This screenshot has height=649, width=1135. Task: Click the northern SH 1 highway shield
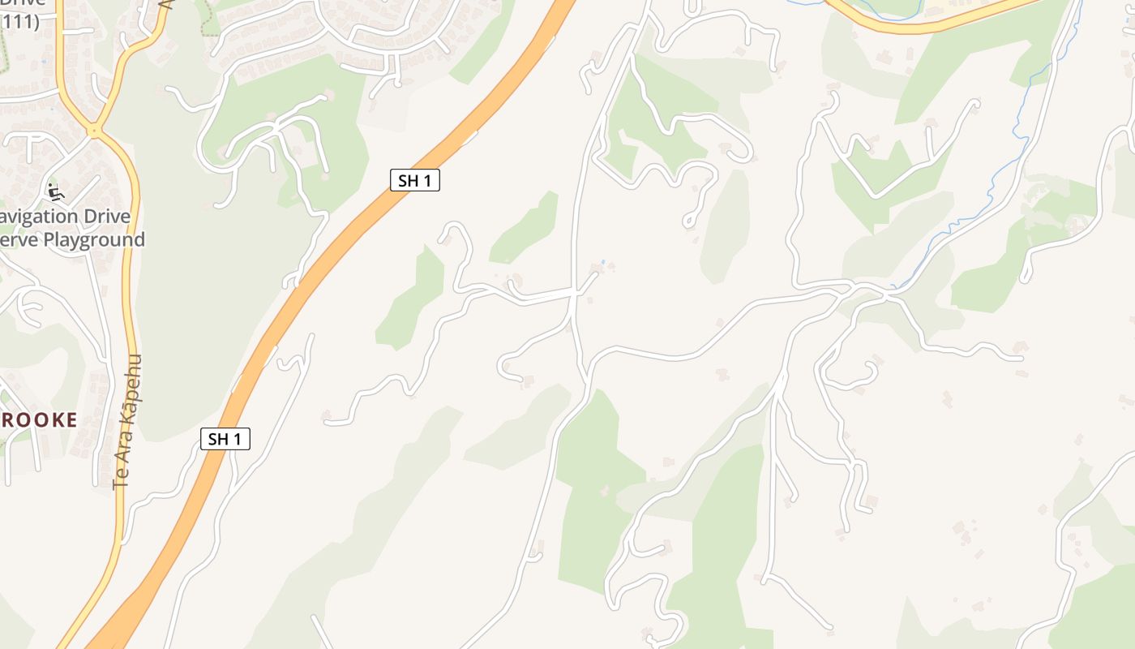[414, 180]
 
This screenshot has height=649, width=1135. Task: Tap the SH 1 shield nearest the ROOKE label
[225, 439]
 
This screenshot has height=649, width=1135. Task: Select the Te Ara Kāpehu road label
[128, 422]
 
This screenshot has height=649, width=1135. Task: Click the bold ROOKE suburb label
[39, 419]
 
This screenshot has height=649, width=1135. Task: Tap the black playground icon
[55, 192]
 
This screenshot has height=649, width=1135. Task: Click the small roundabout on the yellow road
[95, 129]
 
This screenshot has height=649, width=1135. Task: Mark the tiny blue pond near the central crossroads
[602, 262]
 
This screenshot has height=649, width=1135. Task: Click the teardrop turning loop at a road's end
[689, 220]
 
